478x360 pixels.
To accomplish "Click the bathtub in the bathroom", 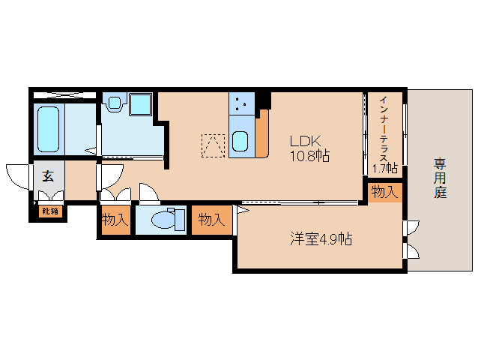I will pos(49,128).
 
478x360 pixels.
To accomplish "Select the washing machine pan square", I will pos(140,104).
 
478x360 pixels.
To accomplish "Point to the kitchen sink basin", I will pos(240,140).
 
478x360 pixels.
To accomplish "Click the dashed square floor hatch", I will pos(212,144).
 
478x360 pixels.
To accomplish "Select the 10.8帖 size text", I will pos(310,156).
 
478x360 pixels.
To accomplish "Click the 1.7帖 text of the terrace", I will pos(384,169).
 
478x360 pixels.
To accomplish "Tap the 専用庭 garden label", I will pos(440,177).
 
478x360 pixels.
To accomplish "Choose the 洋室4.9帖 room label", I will pos(322,239).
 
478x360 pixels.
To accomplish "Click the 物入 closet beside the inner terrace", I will pos(384,192).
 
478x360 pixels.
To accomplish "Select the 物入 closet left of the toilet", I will pos(115,220).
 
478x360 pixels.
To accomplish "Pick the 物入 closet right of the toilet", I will pos(211,220).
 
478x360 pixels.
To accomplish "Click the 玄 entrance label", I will pos(48,177).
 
